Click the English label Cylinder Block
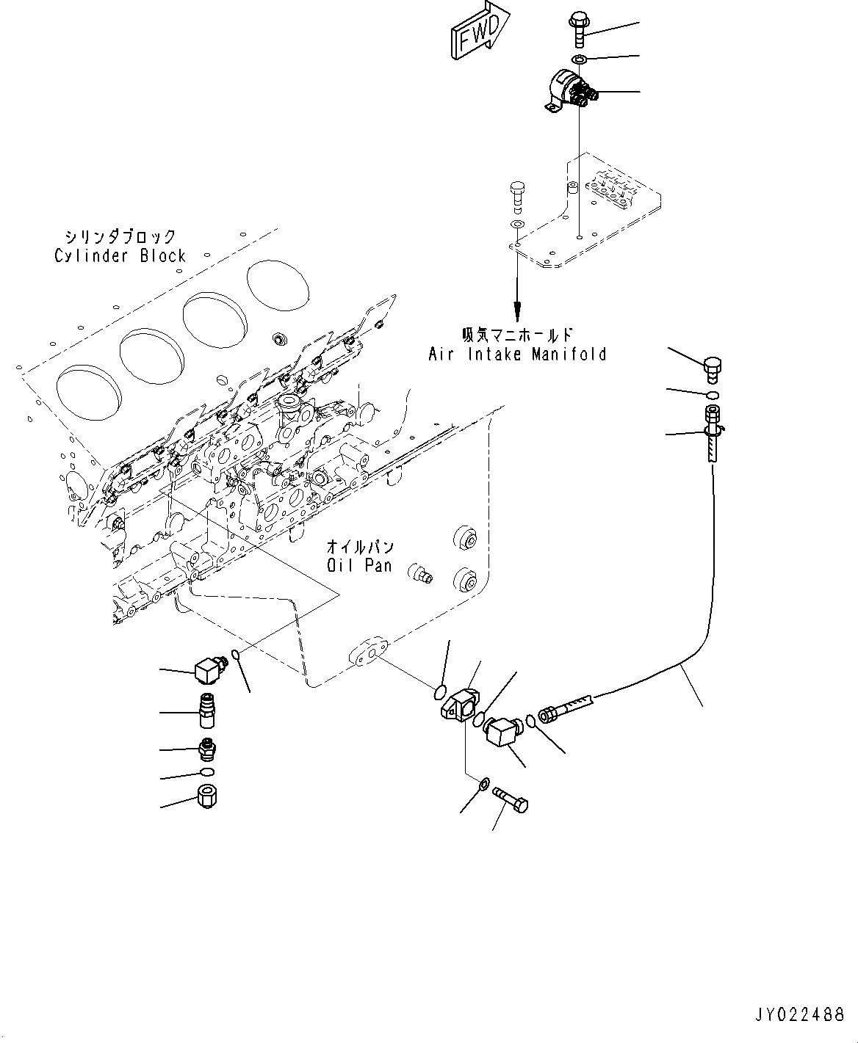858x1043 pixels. click(x=120, y=256)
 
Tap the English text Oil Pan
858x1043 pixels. click(x=360, y=566)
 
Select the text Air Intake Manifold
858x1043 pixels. click(x=517, y=355)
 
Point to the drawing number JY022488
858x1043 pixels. click(x=801, y=1015)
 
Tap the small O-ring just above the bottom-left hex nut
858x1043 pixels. click(x=207, y=772)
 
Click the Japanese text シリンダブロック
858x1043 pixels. click(x=120, y=236)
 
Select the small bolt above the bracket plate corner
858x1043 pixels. click(x=517, y=194)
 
